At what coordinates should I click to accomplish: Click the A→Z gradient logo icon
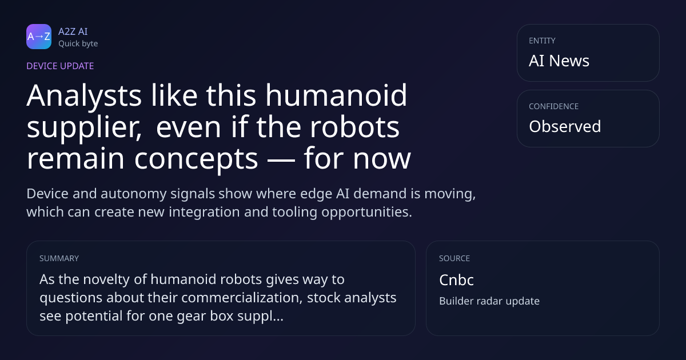39,37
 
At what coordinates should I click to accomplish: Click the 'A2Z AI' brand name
73,31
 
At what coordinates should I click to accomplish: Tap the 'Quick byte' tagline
78,44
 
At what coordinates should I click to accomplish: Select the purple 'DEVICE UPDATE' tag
60,66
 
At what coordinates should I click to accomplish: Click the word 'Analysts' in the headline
84,96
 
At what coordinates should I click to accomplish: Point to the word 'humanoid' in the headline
336,95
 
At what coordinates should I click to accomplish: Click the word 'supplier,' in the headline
84,128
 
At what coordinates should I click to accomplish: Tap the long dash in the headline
281,159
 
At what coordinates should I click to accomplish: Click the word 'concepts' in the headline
196,159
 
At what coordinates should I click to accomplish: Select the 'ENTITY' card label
542,41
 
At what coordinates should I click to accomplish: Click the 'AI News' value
559,61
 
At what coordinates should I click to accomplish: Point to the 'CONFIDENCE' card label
554,106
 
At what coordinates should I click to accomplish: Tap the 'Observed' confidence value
565,126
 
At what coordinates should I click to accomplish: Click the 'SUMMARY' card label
59,258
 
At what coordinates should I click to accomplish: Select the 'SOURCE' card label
454,258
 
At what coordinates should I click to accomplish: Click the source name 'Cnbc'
456,280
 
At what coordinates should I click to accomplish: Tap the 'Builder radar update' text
489,301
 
